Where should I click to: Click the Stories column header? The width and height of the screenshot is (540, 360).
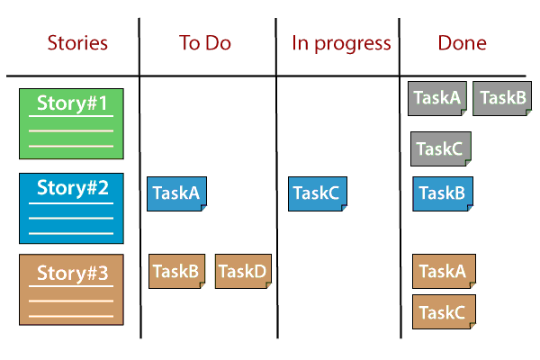[x=77, y=42]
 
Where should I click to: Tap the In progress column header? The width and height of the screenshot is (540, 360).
[x=341, y=42]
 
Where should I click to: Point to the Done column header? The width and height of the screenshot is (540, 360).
[x=462, y=42]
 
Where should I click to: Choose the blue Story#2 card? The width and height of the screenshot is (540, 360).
[x=71, y=208]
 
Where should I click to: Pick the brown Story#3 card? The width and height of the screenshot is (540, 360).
[x=71, y=289]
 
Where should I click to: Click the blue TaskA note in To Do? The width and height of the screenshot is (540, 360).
[x=176, y=193]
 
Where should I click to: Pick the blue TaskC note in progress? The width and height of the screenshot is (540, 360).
[x=317, y=193]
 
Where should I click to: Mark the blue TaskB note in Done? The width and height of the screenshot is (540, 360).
[x=442, y=193]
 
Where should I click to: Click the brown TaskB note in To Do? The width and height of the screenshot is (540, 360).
[x=176, y=271]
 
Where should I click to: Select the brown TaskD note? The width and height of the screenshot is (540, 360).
[x=243, y=271]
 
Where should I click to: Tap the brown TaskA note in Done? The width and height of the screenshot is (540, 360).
[x=443, y=271]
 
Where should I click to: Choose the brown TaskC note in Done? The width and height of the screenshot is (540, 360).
[x=443, y=312]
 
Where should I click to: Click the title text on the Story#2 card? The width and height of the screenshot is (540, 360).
[x=72, y=188]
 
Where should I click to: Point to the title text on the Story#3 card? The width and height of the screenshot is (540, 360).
[x=72, y=271]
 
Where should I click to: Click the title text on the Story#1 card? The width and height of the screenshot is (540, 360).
[x=72, y=103]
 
